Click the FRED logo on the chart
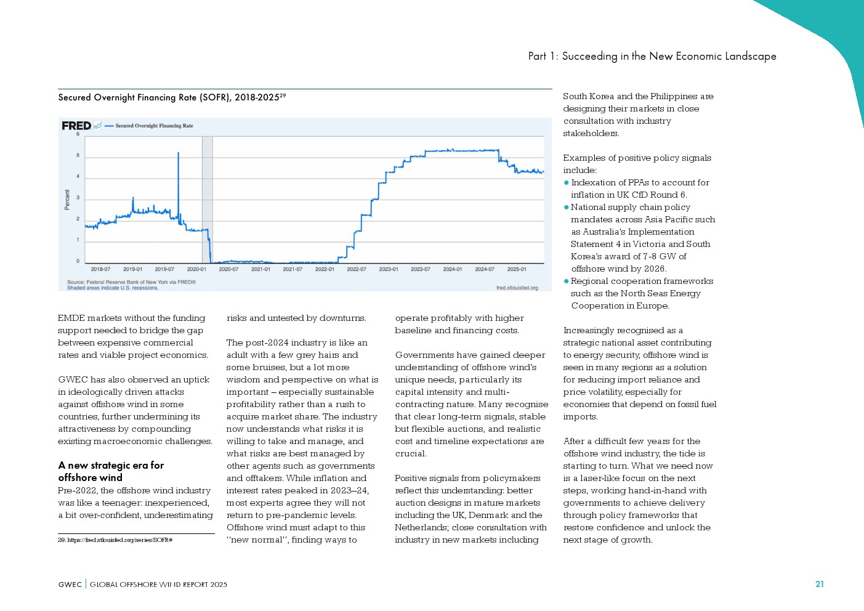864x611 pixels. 76,126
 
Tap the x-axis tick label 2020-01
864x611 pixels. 196,269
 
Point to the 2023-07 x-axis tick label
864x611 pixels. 421,269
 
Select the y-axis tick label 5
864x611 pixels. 78,155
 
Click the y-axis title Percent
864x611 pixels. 67,200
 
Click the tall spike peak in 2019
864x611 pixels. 179,153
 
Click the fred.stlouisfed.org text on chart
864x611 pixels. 517,288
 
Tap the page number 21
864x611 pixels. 819,584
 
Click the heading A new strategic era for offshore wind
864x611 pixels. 111,471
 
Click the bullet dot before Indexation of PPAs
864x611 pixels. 567,183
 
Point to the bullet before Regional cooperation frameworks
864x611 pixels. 567,281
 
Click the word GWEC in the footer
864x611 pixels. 70,585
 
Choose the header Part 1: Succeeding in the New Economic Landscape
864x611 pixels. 652,56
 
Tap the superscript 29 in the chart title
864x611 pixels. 283,95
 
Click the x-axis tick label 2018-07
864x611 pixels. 100,269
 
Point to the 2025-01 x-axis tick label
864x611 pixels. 517,269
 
